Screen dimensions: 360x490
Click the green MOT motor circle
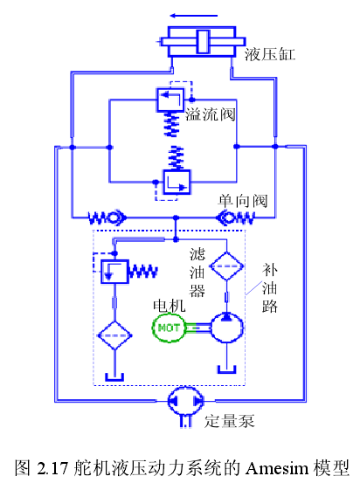[169, 328]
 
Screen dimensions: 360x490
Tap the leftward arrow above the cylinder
[194, 16]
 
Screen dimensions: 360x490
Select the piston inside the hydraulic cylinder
[203, 42]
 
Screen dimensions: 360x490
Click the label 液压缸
[269, 54]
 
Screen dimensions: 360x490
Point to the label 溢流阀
[211, 114]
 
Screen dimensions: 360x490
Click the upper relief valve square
[170, 100]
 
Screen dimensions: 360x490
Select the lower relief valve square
[177, 182]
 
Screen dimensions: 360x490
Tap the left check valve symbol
[107, 217]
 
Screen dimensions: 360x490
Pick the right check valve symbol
[236, 217]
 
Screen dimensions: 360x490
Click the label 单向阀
[243, 200]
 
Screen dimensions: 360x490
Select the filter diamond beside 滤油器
[226, 266]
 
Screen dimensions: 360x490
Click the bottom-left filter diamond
[114, 335]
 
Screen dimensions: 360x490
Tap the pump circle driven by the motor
[226, 328]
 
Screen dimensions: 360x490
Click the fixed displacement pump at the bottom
[185, 401]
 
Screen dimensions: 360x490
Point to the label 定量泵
[230, 421]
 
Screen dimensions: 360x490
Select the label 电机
[169, 306]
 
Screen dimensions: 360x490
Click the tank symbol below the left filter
[114, 376]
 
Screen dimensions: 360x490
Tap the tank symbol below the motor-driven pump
[226, 369]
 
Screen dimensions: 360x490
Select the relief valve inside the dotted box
[114, 272]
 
